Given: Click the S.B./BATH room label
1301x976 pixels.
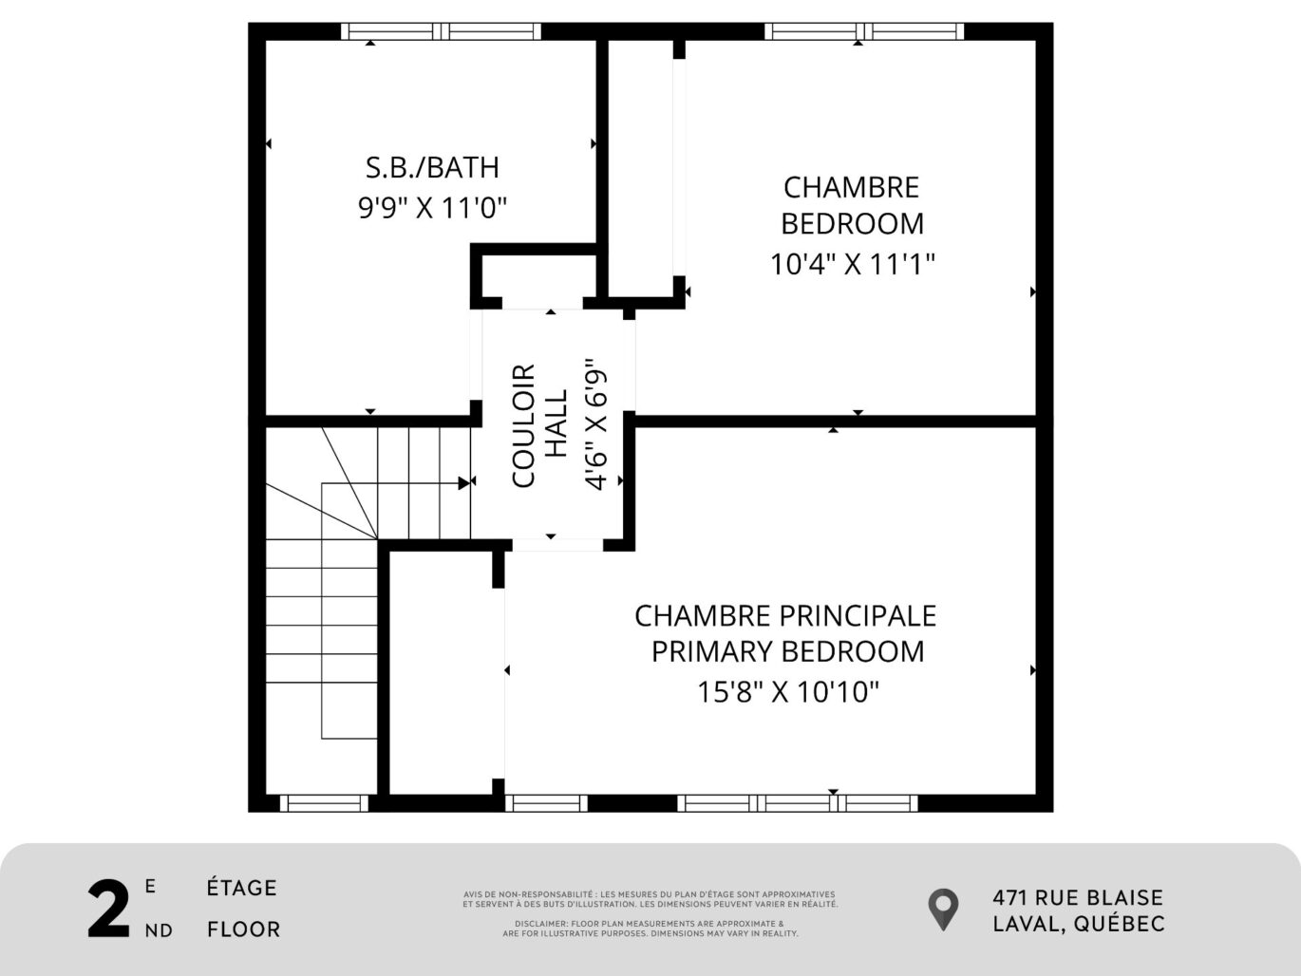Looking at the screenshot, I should click(x=432, y=167).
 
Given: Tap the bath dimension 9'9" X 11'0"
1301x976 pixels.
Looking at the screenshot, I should click(x=432, y=207).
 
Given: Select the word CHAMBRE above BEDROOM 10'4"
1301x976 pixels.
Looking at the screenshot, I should click(x=851, y=187).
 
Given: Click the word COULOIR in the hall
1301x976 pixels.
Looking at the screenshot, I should click(x=524, y=425).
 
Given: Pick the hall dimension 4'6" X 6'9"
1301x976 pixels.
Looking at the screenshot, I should click(x=596, y=423).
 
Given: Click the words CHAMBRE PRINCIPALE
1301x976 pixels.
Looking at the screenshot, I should click(x=785, y=616).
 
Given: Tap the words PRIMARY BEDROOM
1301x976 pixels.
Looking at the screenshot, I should click(x=787, y=652).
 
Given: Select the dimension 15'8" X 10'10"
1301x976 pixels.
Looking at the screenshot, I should click(x=788, y=692).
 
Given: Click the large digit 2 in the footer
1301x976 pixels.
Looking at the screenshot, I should click(x=108, y=910).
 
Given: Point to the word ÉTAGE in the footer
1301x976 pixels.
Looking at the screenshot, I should click(x=242, y=888).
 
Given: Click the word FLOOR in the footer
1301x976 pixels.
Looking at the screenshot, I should click(x=244, y=929).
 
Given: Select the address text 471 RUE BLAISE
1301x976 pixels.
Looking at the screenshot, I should click(x=1078, y=897).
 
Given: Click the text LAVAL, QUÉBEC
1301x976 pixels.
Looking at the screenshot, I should click(x=1079, y=924).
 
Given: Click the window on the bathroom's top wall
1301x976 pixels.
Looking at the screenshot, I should click(x=441, y=31).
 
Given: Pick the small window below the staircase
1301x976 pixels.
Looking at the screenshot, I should click(x=324, y=803).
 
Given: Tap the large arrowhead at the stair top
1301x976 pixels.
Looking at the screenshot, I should click(x=465, y=482).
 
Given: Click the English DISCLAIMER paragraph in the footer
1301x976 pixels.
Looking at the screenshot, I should click(x=650, y=928).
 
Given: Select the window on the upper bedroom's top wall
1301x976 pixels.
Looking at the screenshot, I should click(x=864, y=31).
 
